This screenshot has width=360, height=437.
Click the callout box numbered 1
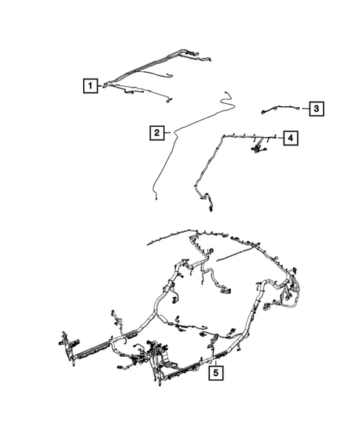tap(90, 87)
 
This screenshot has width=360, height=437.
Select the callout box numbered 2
tap(157, 134)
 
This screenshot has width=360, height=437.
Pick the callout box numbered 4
tap(292, 138)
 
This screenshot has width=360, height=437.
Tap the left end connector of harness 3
tap(263, 113)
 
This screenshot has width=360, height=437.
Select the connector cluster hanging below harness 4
tap(260, 151)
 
